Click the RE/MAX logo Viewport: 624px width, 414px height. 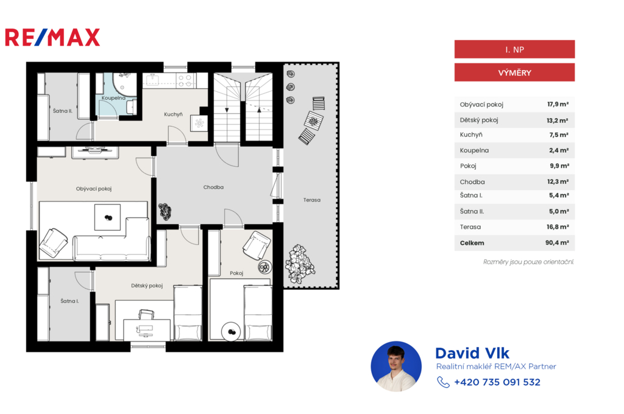pos(52,37)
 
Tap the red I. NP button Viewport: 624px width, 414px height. pos(514,49)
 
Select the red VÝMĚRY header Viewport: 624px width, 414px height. pos(514,72)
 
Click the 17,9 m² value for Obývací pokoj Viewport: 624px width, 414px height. pos(558,104)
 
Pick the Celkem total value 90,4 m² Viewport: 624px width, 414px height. pos(557,242)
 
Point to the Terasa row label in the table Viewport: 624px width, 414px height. pos(470,227)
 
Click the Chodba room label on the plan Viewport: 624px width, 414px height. pos(213,187)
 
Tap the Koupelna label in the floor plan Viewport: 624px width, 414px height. pos(113,98)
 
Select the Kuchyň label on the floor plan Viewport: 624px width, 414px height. pos(173,114)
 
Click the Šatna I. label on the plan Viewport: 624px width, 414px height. pos(69,301)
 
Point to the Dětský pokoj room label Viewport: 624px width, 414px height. pos(147,286)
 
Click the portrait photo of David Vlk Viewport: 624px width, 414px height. pos(396,367)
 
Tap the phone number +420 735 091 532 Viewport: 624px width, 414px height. pos(497,382)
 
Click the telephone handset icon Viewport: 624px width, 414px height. pos(443,382)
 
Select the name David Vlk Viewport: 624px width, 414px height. pos(472,353)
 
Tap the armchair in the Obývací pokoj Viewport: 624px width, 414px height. pos(54,242)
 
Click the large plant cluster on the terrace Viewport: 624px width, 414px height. pos(300,264)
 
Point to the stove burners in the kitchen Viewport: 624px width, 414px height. pos(185,81)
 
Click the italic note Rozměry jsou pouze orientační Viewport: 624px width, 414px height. pos(528,262)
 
